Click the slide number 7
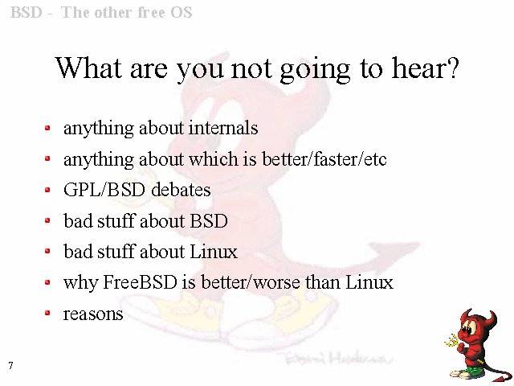(x=10, y=365)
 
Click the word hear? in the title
(x=425, y=68)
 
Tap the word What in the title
(x=88, y=68)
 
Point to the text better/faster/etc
(x=324, y=159)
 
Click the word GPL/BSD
(x=104, y=190)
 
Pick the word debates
(x=181, y=190)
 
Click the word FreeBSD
(x=140, y=282)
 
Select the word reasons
(x=93, y=314)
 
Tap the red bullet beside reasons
(x=47, y=313)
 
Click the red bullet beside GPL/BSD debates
(x=47, y=190)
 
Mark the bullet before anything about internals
(x=47, y=128)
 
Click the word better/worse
(x=250, y=282)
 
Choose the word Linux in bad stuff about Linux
(x=214, y=252)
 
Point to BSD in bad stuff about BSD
(x=209, y=220)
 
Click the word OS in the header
(x=181, y=13)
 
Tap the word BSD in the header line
(x=27, y=13)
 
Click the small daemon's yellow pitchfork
(x=452, y=341)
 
